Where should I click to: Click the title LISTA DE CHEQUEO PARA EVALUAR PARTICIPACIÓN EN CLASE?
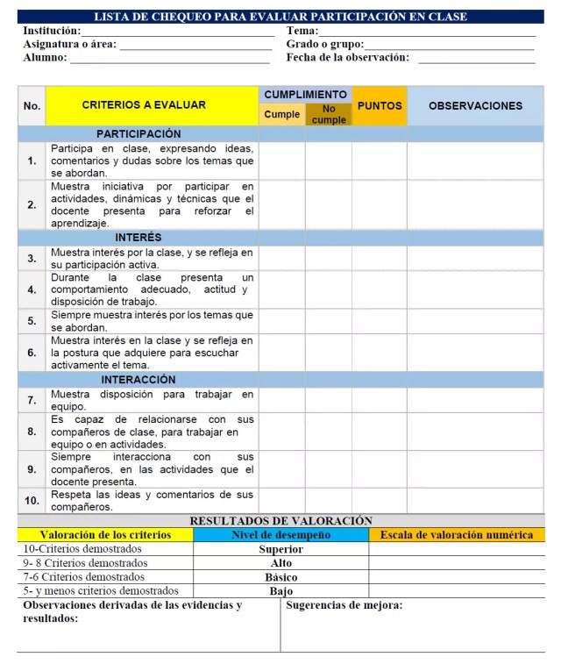coord(280,17)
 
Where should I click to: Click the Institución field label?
coord(52,31)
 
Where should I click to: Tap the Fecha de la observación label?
coord(347,57)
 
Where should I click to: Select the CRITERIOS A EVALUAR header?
coord(144,105)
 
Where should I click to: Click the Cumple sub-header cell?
coord(281,115)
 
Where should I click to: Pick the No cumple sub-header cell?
coord(329,115)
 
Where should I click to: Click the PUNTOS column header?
coord(380,105)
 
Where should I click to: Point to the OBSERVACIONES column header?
coord(475,105)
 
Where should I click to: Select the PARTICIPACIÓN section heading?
coord(138,134)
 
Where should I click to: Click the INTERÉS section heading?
coord(138,238)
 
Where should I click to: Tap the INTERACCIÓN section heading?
coord(138,380)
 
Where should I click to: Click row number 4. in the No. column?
coord(32,289)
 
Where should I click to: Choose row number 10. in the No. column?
coord(32,501)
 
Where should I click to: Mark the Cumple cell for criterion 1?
coord(281,161)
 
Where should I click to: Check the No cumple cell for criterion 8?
coord(329,432)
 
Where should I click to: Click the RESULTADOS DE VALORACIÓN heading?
coord(280,521)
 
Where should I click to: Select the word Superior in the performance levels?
coord(280,549)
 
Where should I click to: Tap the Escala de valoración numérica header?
coord(456,534)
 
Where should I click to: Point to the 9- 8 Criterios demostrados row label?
coord(85,563)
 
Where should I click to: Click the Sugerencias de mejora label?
coord(344,605)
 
